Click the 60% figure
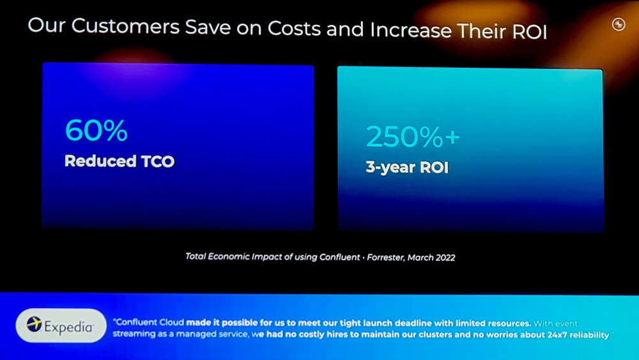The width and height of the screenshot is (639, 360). click(x=96, y=130)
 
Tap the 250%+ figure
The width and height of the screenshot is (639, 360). click(x=413, y=136)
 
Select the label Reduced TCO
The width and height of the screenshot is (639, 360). click(x=119, y=161)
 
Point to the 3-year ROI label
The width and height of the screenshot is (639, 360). click(x=407, y=167)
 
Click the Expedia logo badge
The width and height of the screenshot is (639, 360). click(x=61, y=325)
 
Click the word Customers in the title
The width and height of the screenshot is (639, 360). click(x=125, y=26)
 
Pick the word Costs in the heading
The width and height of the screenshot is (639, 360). click(x=294, y=29)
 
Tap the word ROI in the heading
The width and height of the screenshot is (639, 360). click(x=529, y=32)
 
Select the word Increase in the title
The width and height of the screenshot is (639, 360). click(x=411, y=30)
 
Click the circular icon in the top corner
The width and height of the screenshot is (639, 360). click(x=619, y=24)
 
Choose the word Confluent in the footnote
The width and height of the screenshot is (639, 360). click(x=339, y=257)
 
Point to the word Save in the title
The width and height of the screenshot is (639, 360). click(x=208, y=27)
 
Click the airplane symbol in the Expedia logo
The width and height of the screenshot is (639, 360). click(x=35, y=324)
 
